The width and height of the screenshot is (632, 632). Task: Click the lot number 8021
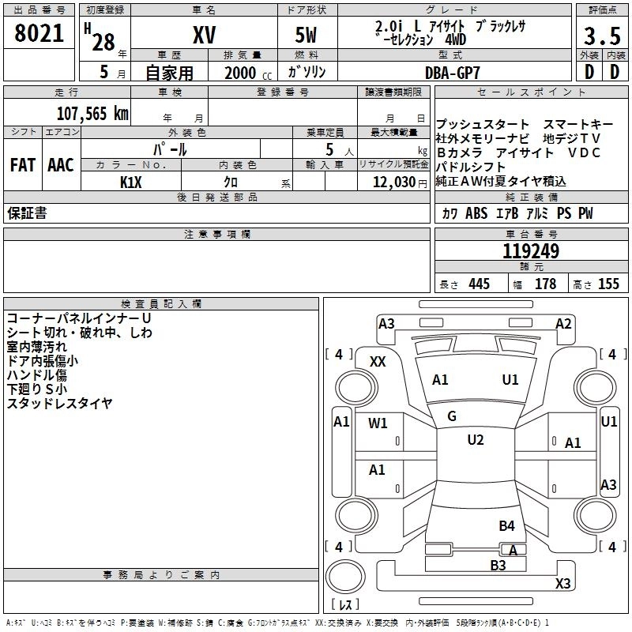coord(39,36)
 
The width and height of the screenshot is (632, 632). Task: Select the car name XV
coord(203,36)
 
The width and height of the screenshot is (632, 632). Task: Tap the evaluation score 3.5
coord(601,36)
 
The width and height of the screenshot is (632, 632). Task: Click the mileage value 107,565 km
coord(92,113)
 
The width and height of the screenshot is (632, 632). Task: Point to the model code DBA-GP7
coord(452,72)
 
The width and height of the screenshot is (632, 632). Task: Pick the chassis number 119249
coord(531,251)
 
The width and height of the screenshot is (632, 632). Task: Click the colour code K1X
coord(131,182)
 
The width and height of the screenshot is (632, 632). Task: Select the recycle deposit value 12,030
coord(393,182)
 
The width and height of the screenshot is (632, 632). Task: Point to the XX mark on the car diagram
coord(378,361)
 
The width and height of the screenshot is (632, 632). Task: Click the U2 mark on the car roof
coord(475,440)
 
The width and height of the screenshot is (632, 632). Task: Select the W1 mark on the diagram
coord(378,423)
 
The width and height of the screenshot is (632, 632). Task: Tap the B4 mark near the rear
coord(506,525)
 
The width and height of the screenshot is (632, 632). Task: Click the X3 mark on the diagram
coord(562,584)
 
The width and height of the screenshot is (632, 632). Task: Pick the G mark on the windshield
coord(452,416)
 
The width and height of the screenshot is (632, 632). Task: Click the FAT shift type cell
coord(23,164)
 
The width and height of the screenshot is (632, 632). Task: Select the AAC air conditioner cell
coord(61,164)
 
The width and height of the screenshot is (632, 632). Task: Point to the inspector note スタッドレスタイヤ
coord(59,404)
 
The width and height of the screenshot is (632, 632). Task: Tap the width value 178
coord(546,284)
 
